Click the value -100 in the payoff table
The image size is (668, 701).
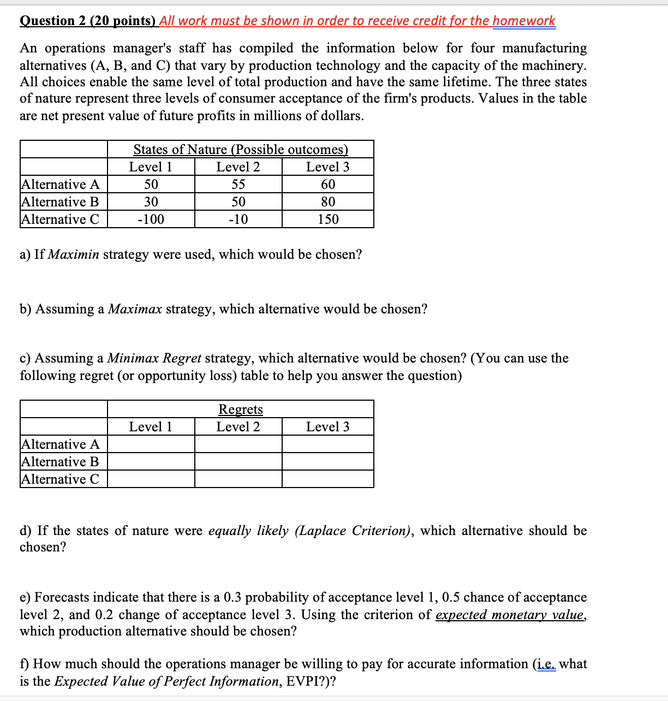click(151, 219)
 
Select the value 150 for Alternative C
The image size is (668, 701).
click(328, 219)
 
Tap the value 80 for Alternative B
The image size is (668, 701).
click(328, 202)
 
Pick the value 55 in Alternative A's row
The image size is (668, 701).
click(238, 185)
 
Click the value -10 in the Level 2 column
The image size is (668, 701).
click(238, 219)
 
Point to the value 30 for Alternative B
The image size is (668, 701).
click(151, 202)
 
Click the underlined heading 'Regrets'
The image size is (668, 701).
click(241, 409)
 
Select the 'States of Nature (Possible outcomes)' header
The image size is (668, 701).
click(241, 150)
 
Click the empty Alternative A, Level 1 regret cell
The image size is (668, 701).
click(151, 444)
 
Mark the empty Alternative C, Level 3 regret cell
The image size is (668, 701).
click(328, 479)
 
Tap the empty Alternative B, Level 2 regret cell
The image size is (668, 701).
click(238, 461)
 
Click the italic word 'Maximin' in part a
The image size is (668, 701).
click(74, 255)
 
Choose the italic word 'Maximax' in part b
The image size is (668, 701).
click(135, 310)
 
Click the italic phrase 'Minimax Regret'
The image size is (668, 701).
click(154, 359)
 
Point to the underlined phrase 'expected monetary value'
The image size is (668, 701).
click(510, 615)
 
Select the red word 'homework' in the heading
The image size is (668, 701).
click(524, 21)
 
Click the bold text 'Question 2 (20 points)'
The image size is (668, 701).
click(87, 21)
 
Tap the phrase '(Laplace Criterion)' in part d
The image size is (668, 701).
click(353, 531)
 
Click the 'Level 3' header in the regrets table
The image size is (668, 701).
click(328, 427)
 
